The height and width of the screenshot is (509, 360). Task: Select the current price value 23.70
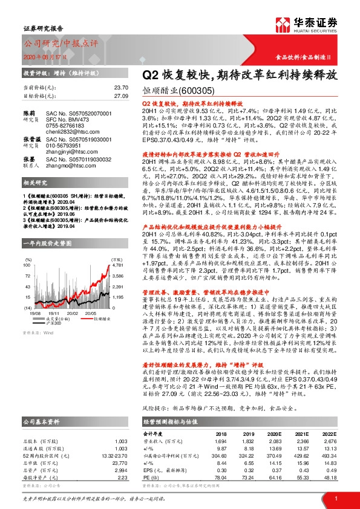click(121, 87)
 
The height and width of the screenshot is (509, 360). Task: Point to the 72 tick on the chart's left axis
click(28, 274)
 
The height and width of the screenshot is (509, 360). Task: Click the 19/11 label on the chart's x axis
click(55, 314)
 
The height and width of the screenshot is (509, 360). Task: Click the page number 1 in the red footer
click(335, 498)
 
